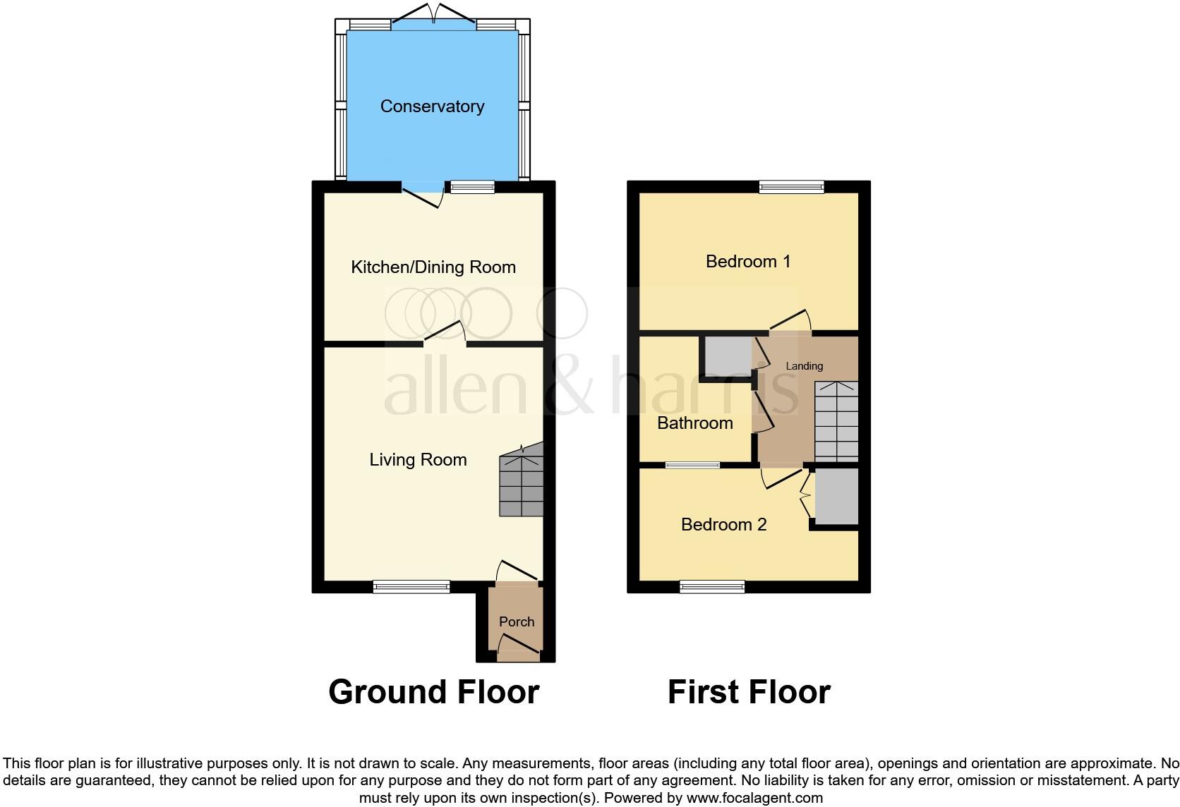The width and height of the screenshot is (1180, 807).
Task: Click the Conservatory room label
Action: coord(432,107)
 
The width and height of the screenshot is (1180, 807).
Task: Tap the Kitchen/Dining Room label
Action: coord(433,267)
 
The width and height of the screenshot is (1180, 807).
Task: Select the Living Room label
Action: coord(418,460)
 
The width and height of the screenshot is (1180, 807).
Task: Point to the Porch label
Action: coord(517,621)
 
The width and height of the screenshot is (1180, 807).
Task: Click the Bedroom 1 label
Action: coord(748,262)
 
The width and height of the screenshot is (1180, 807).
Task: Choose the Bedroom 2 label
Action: coord(723,524)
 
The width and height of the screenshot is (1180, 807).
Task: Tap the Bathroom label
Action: coord(694,423)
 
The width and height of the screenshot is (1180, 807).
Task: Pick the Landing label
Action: coord(804,366)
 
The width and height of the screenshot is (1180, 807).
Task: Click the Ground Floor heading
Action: coord(433,692)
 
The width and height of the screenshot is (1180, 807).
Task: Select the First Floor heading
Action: coord(749,692)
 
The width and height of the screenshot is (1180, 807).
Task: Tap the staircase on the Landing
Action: coord(836,421)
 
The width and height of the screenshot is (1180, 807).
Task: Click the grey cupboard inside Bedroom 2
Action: coord(836,497)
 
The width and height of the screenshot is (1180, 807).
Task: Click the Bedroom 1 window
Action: coord(791,187)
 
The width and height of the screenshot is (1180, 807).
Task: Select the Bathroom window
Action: coord(692,466)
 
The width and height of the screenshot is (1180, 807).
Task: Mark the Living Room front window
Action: coord(411,586)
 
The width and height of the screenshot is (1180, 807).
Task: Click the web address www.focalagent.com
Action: coord(754,799)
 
